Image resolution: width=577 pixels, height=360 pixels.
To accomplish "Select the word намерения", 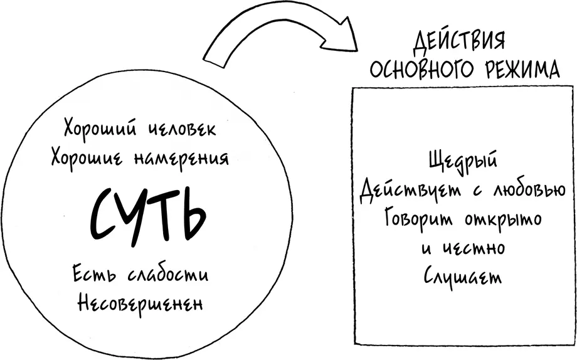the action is tap(181, 159).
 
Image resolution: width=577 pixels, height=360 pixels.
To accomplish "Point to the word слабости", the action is tap(168, 273).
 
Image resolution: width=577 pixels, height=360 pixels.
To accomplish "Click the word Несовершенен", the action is tap(140, 304).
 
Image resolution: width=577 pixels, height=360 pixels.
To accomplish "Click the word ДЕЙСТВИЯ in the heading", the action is tap(458, 40).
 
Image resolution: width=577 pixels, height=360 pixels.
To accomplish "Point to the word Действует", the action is tap(410, 190).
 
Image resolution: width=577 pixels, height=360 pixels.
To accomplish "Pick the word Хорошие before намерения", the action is tap(88, 158).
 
